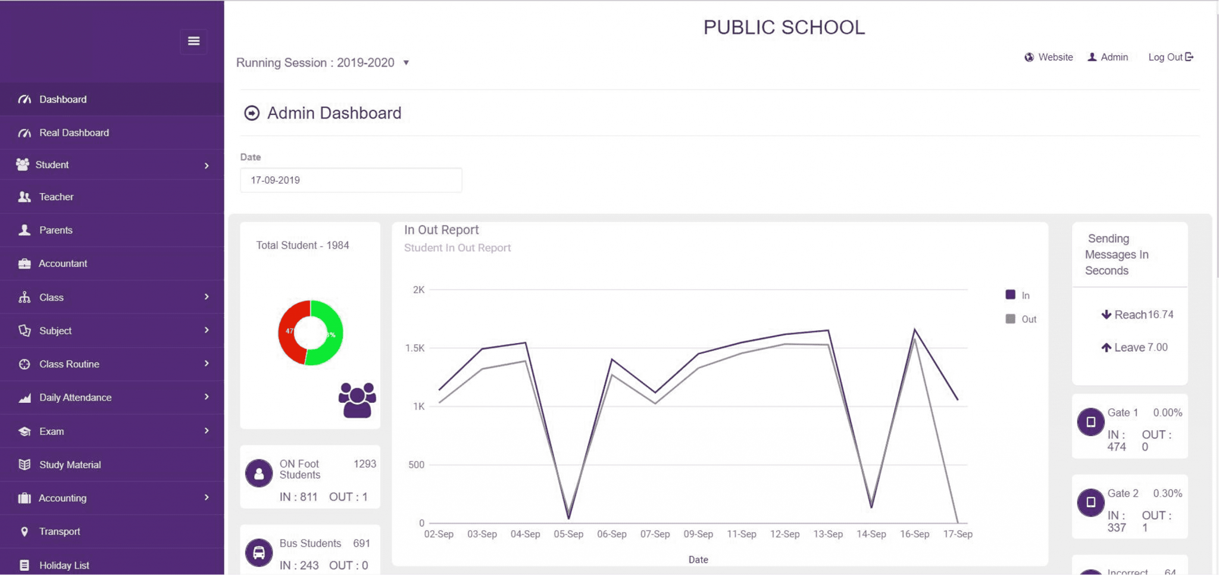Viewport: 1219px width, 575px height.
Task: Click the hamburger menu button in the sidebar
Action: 193,41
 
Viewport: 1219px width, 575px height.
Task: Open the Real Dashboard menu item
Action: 74,133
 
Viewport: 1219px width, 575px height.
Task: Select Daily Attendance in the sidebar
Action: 75,397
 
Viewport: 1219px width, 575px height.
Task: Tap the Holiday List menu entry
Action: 64,565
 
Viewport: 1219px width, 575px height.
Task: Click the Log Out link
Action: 1170,57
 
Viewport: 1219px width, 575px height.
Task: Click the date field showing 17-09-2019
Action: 351,180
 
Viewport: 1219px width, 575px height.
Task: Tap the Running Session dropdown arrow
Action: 406,63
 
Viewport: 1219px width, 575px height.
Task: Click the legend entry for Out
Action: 1021,319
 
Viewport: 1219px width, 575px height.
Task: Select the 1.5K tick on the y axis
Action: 415,348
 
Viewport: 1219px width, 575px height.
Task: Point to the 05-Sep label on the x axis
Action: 568,534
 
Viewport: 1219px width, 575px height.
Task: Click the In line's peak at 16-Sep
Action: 914,329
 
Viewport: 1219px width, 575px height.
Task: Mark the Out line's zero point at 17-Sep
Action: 957,522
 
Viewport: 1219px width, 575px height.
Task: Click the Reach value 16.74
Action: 1160,315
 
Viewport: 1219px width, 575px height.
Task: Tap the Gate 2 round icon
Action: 1090,502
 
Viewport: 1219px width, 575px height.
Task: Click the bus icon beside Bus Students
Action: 259,552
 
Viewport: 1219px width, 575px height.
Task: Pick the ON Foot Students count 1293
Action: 364,464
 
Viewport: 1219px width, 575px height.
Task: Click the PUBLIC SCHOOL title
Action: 784,27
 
